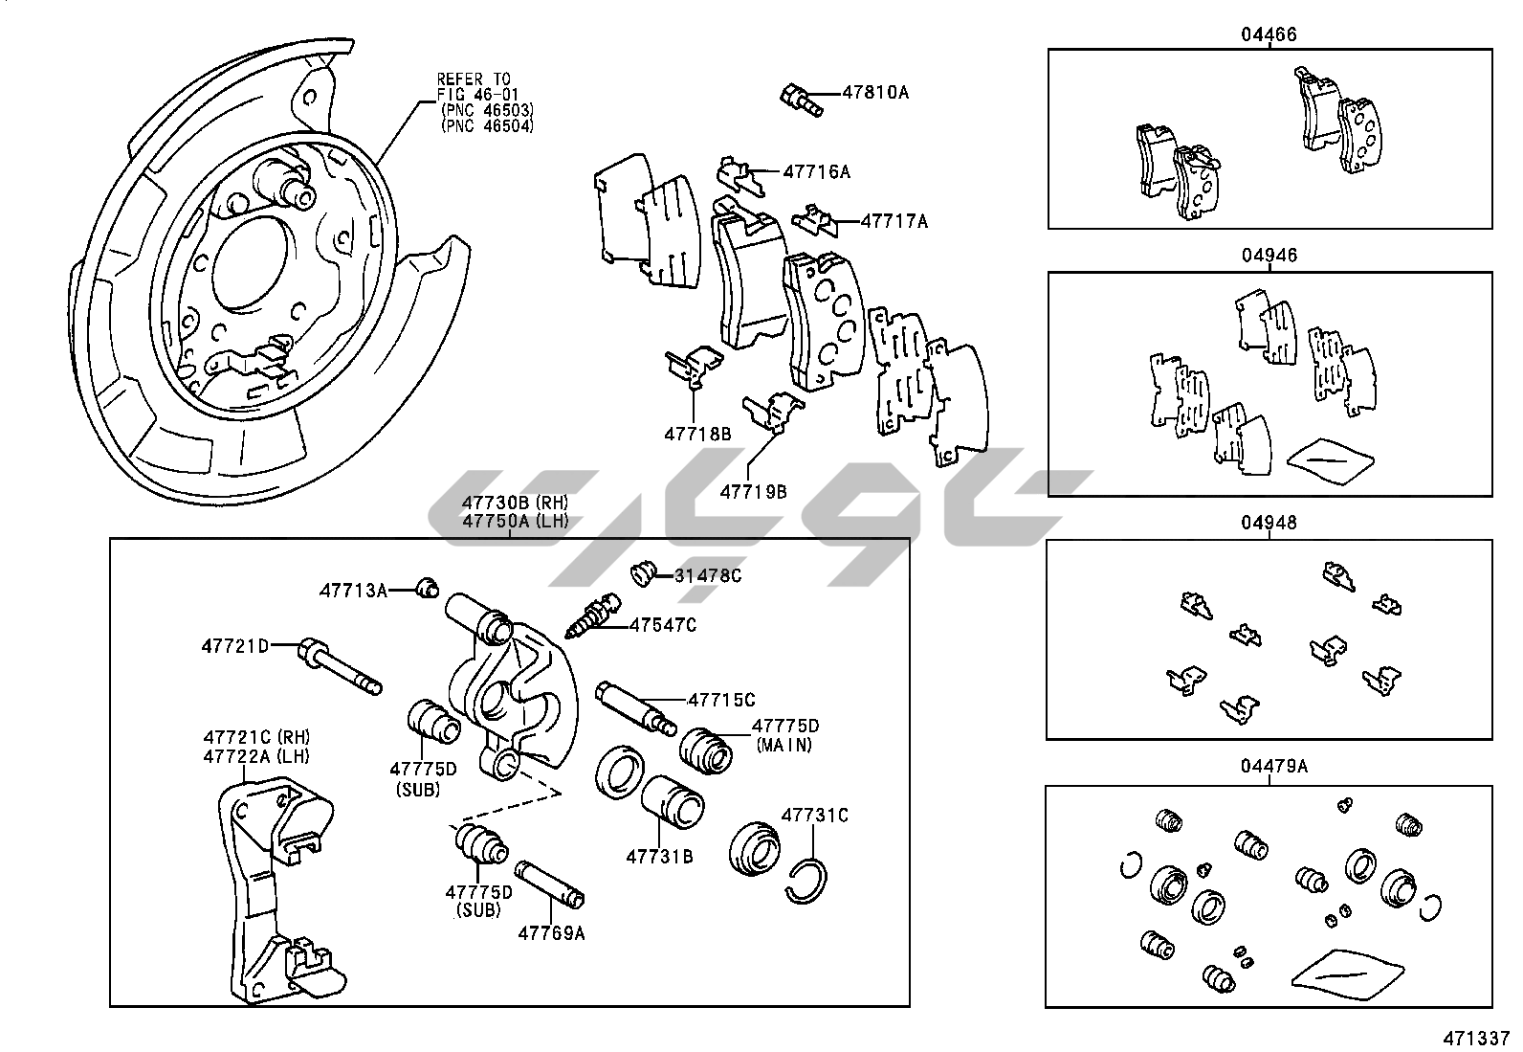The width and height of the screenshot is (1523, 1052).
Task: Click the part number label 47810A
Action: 875,93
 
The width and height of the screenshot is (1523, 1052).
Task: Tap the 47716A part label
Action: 816,172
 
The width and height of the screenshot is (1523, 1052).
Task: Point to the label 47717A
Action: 894,221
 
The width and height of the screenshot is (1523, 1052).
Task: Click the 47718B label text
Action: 697,434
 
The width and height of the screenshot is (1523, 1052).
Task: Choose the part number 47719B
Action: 753,492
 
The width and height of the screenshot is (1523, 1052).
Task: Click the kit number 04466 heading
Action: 1269,35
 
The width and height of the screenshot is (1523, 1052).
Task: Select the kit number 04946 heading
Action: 1269,257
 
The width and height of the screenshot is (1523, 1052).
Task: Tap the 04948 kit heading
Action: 1269,524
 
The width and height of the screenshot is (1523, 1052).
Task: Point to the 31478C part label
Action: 708,575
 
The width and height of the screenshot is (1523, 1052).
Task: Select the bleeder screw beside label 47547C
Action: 593,616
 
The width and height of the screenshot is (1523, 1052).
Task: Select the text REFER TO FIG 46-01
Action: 474,85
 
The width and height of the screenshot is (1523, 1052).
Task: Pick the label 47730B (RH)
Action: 515,503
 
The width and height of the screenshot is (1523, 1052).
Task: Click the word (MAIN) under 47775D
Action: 784,745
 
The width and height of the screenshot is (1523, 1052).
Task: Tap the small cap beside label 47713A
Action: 428,586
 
